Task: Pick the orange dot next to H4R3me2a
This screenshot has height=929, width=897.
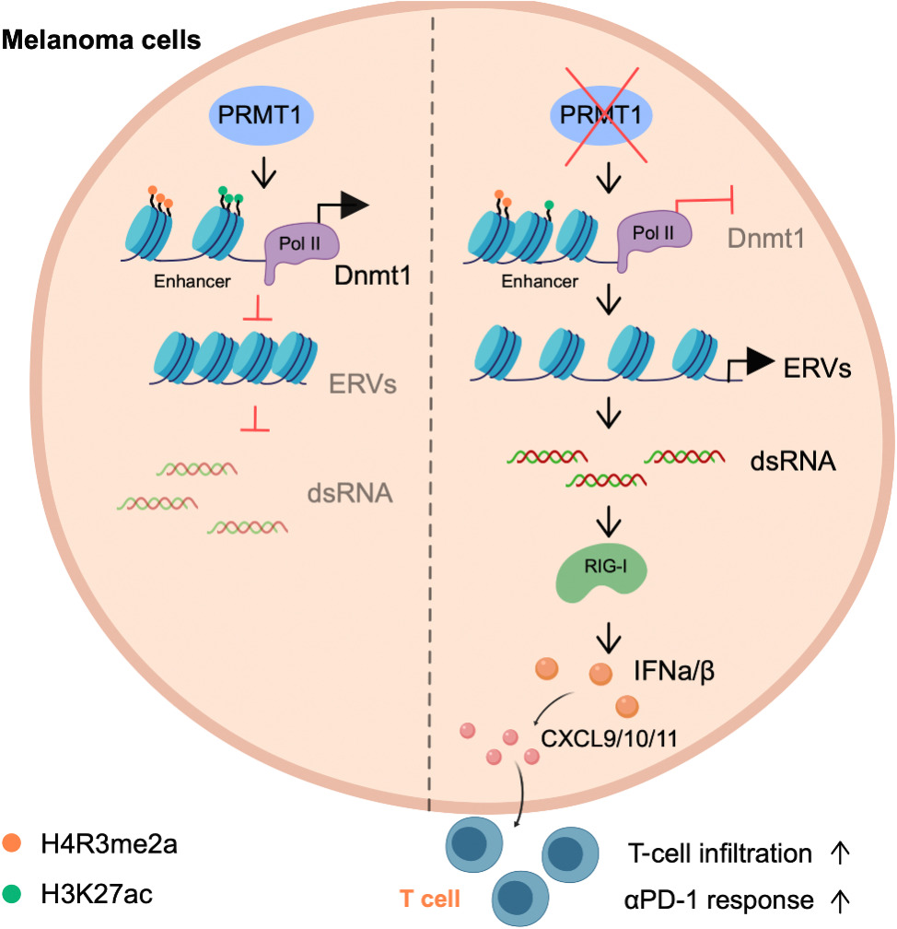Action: click(13, 841)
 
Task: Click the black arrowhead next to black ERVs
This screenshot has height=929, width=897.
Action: click(760, 366)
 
